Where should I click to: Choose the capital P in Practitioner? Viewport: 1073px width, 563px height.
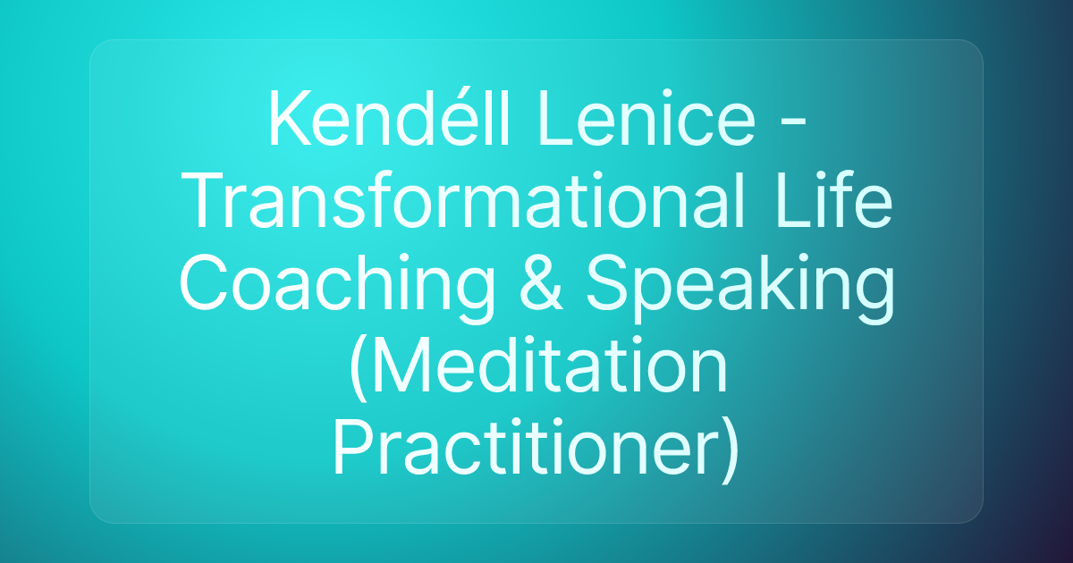(x=352, y=451)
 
